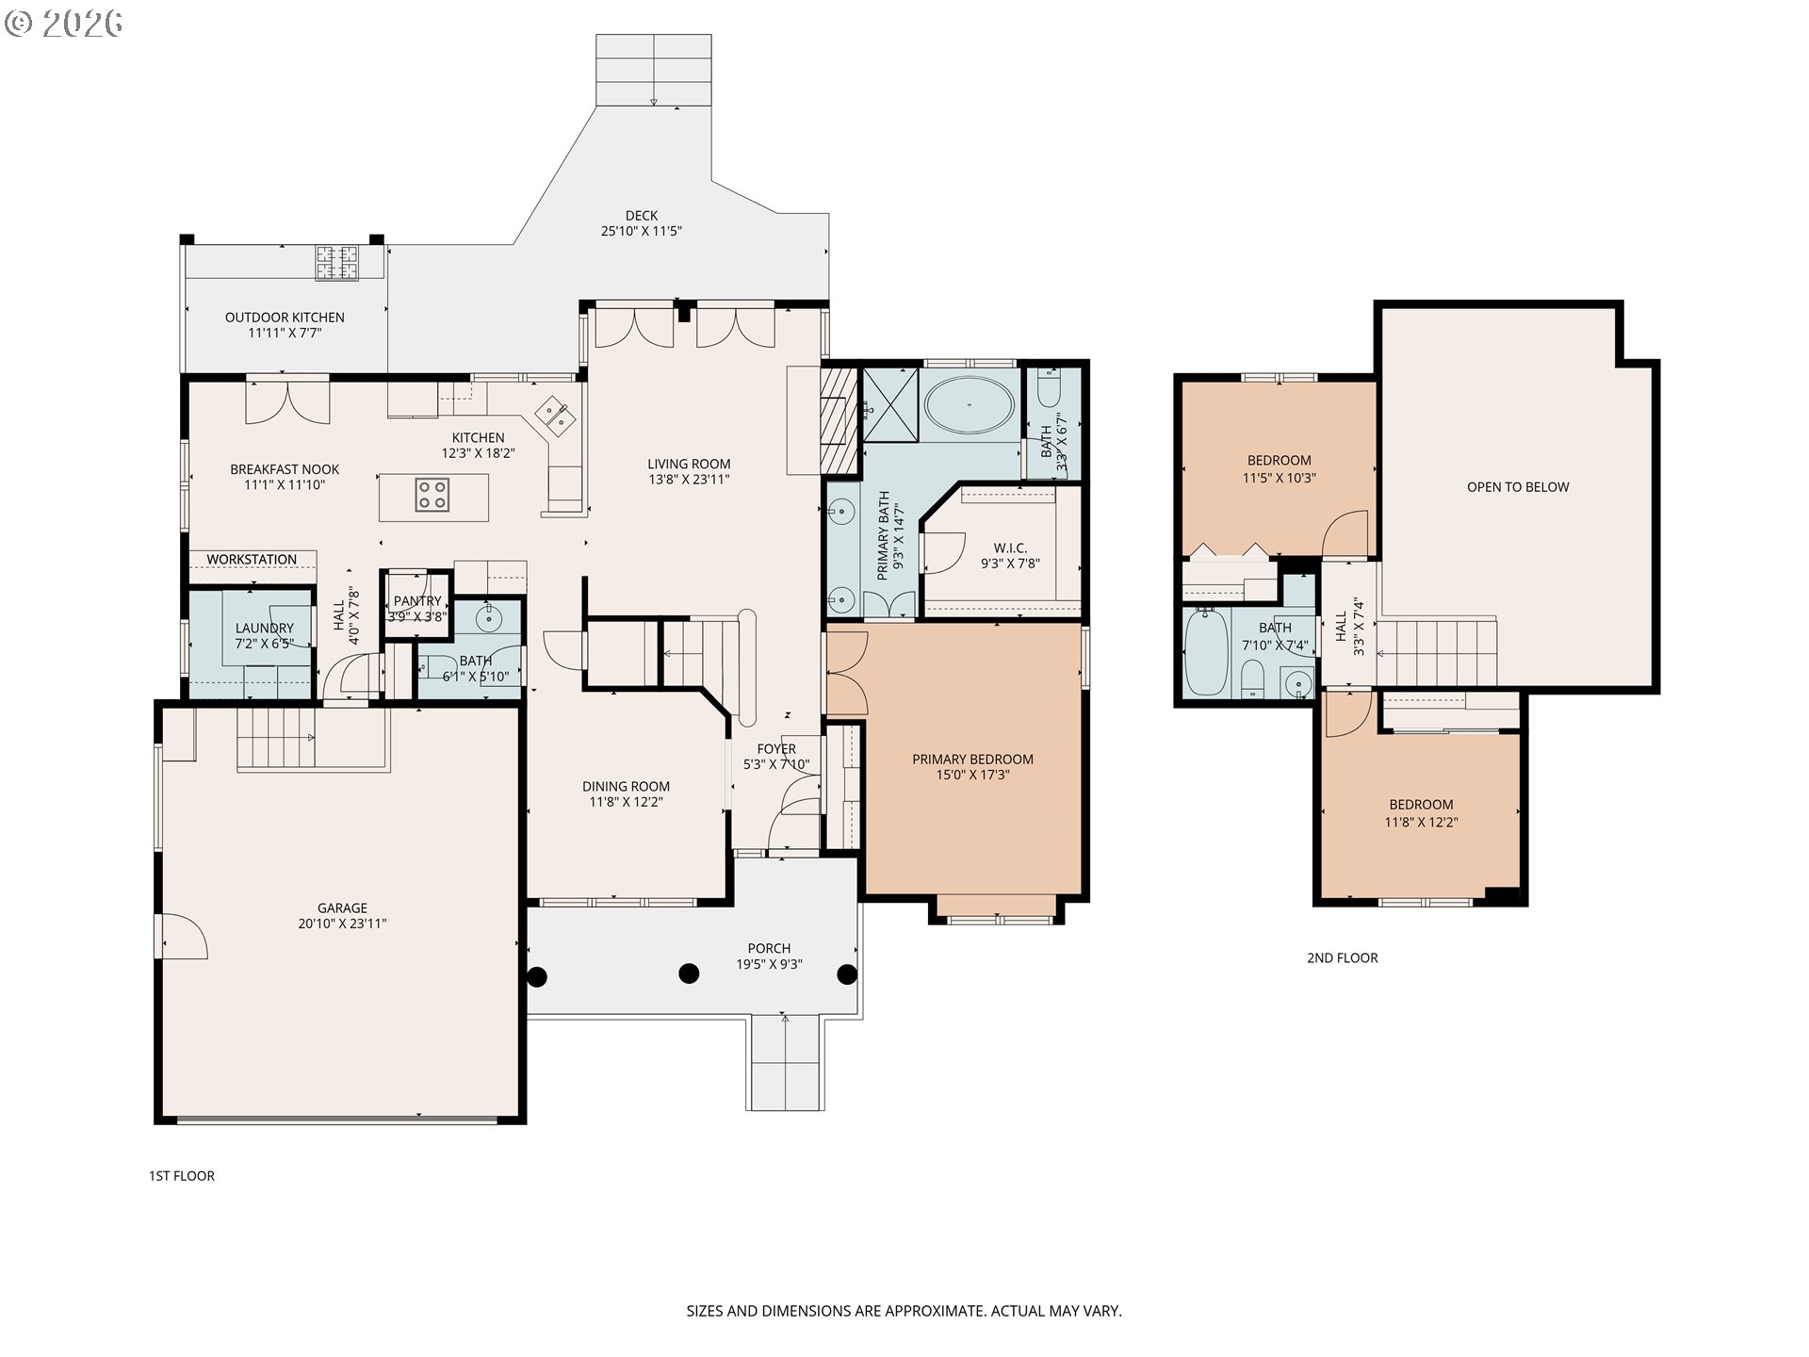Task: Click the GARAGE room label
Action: pos(342,908)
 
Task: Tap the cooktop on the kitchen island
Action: pos(433,495)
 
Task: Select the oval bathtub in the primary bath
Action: pos(970,406)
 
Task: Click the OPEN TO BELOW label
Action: pos(1518,487)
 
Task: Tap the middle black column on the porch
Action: pos(690,973)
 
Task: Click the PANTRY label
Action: pos(417,601)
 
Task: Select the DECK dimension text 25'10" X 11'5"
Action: pos(642,231)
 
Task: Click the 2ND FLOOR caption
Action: pos(1342,957)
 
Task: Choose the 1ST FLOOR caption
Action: pos(182,1176)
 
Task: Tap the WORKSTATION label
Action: pos(252,560)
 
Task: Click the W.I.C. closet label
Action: pos(1010,548)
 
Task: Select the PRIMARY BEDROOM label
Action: pos(972,760)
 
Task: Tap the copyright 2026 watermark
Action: pos(63,23)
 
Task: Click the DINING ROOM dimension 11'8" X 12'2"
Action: pos(626,803)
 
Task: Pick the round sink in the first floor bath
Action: pos(489,618)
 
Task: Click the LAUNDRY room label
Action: pos(265,629)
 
